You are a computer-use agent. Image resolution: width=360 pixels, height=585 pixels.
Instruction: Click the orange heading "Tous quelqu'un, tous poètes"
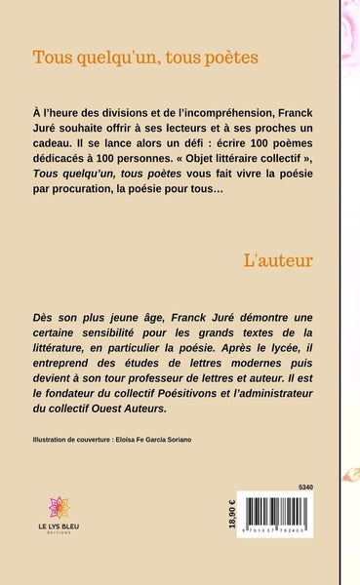tap(145, 58)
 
